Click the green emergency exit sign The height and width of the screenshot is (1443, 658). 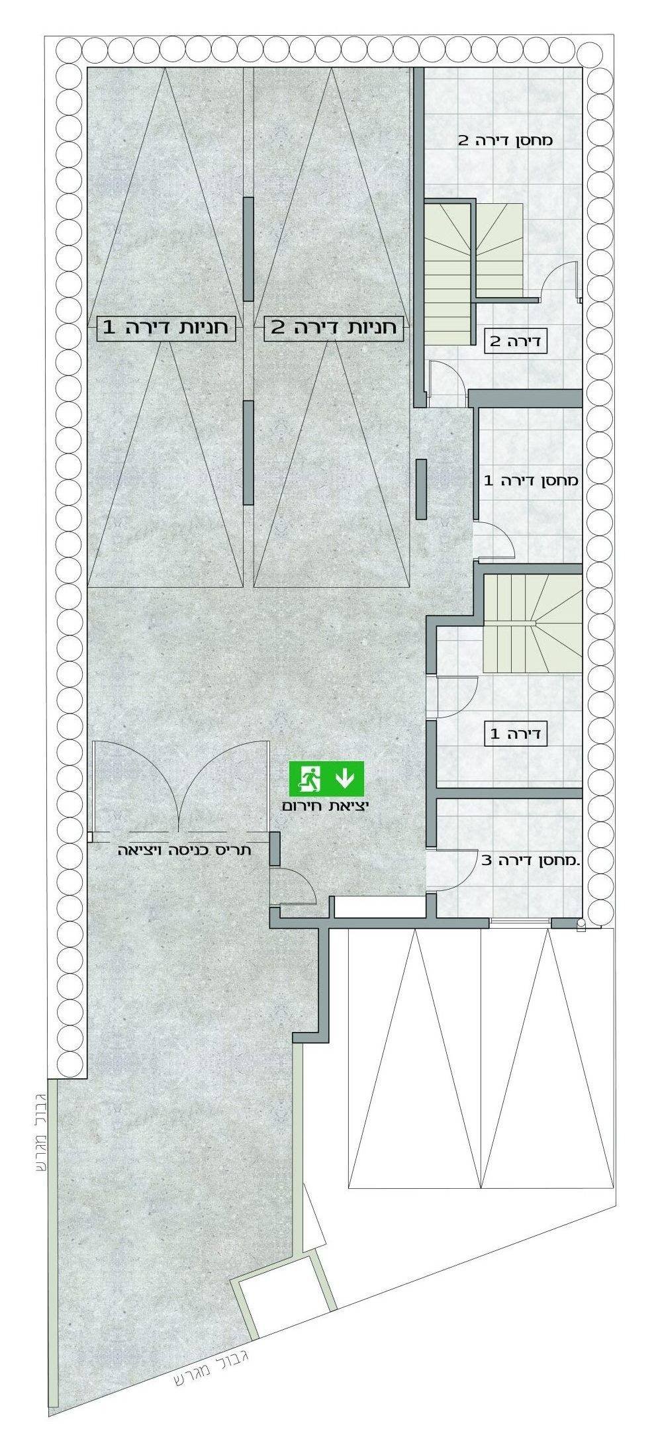(x=327, y=778)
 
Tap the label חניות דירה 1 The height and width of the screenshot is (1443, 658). (x=166, y=328)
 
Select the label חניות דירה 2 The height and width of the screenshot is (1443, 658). (x=334, y=328)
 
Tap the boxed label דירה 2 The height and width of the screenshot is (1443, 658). (x=515, y=342)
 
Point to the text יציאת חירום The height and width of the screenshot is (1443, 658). (x=326, y=807)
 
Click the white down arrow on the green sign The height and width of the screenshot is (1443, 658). (x=345, y=778)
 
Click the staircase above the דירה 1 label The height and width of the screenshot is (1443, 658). (x=534, y=624)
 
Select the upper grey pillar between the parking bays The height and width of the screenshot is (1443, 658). (x=248, y=249)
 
